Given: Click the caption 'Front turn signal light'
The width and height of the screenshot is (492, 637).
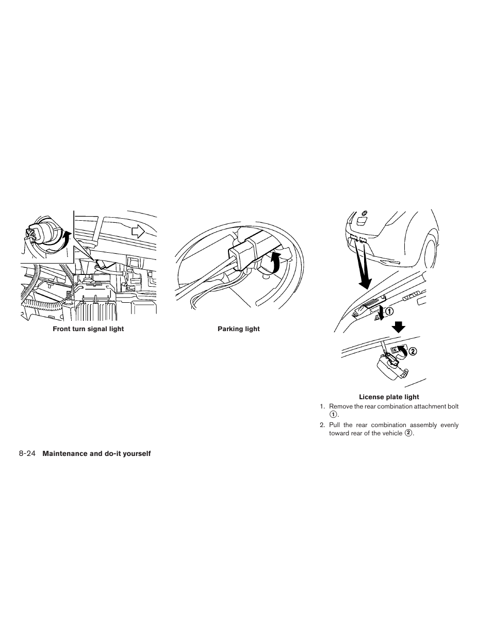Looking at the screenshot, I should coord(88,329).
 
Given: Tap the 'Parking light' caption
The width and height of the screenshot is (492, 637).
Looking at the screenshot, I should coord(238,329).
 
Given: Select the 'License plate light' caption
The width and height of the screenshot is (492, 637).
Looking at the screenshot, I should coord(389,397).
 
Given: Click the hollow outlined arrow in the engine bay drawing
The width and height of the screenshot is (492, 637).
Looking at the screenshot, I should coord(138,232).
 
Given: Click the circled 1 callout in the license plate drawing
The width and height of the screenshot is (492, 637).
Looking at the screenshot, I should coord(388,312).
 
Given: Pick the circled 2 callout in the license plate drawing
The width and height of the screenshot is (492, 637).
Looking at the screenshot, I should coord(412,351).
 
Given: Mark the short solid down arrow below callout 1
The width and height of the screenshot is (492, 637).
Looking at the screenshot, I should coord(397,326).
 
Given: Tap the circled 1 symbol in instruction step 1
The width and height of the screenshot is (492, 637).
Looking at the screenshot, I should coord(333,415).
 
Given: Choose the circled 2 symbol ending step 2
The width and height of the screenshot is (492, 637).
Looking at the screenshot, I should coord(409,433).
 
